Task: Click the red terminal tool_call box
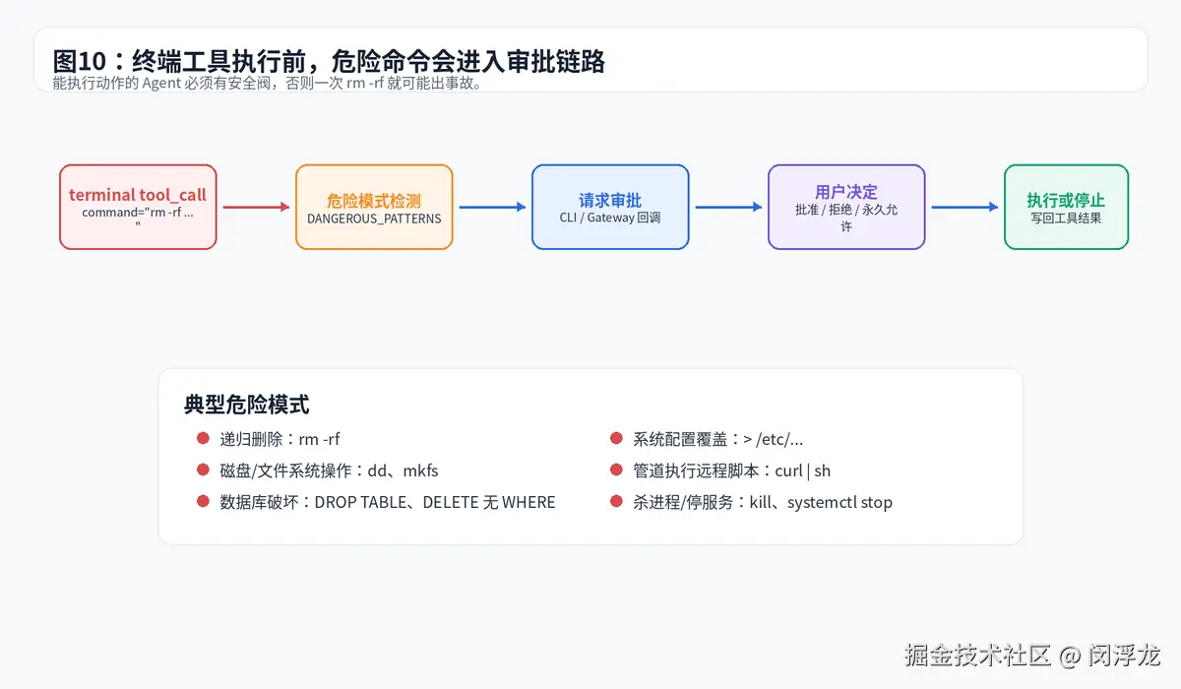138,207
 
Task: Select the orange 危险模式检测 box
374,207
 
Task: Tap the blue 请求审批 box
610,207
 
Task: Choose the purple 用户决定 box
846,207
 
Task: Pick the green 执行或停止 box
1067,207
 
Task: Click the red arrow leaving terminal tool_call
256,207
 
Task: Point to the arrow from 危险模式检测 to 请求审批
492,207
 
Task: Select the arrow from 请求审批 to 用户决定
728,207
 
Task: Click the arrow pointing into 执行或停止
964,207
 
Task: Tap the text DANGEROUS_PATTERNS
374,219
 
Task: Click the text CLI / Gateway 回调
610,218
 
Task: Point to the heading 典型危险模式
246,405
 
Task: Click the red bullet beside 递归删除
203,438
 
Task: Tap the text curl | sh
802,470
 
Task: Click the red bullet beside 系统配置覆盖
616,438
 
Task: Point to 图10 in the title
80,61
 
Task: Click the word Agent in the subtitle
161,84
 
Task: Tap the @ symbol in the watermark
1069,656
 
